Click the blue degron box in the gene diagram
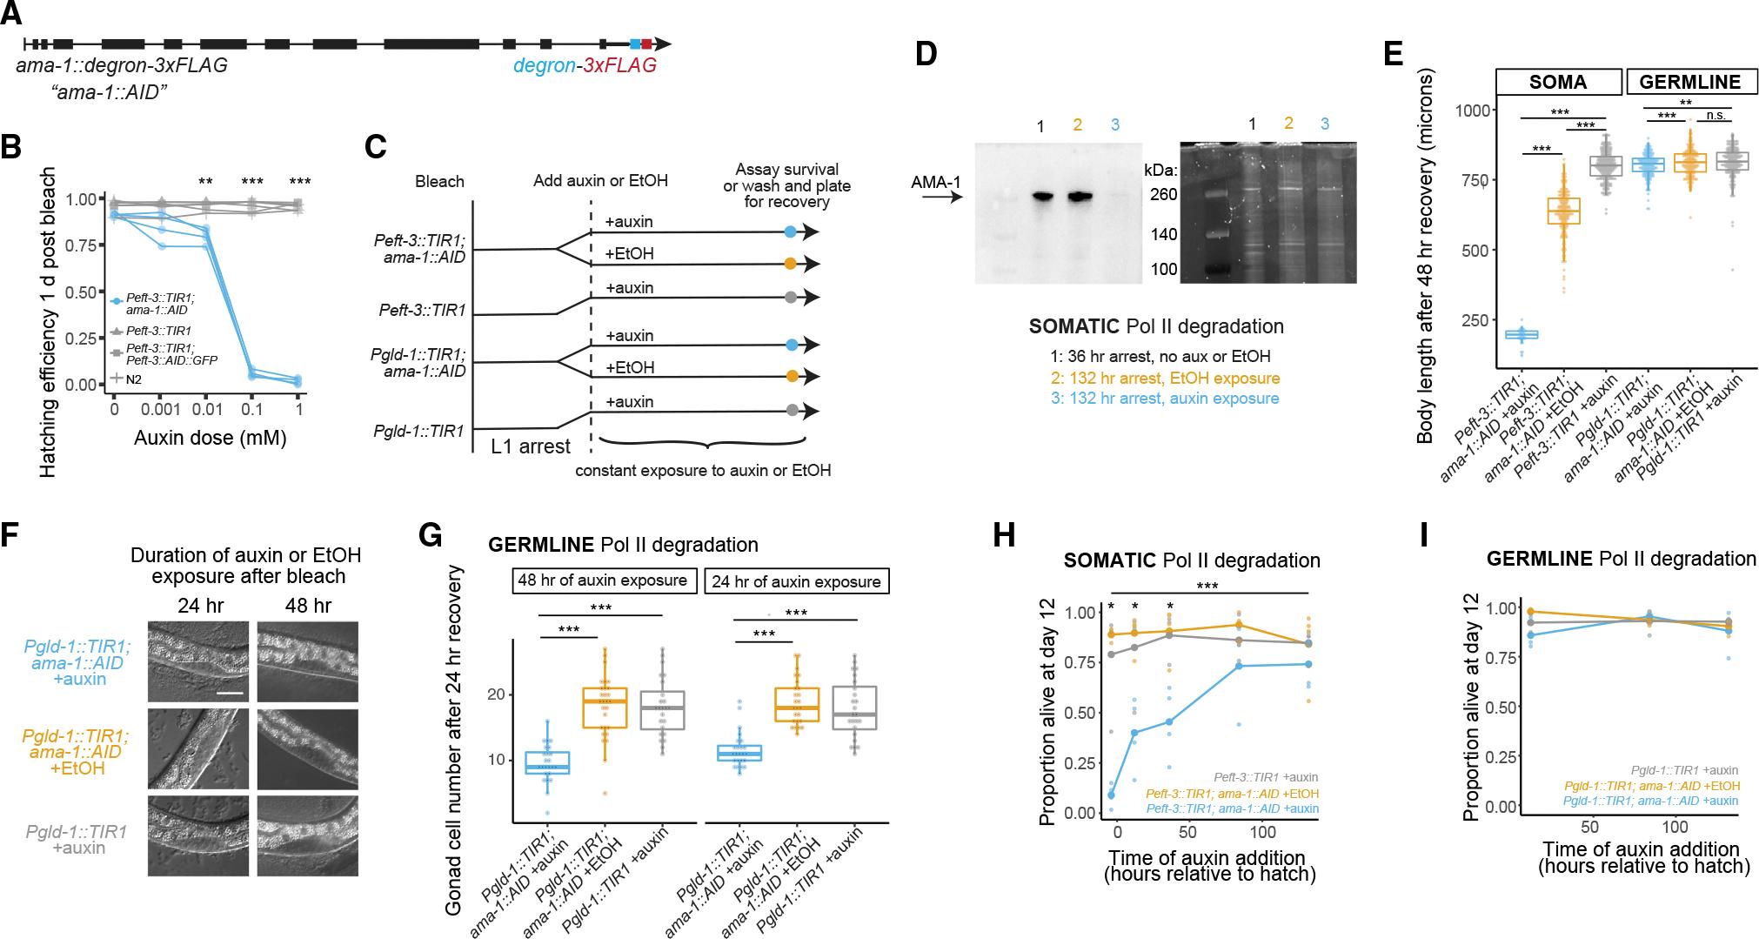(635, 44)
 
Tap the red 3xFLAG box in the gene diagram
(646, 44)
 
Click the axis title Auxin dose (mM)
(210, 437)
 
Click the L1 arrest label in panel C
(530, 446)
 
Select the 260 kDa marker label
(1165, 195)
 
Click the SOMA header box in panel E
(1558, 82)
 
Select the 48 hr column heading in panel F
(308, 605)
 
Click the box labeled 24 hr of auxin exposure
(796, 581)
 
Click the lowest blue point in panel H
(1111, 809)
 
